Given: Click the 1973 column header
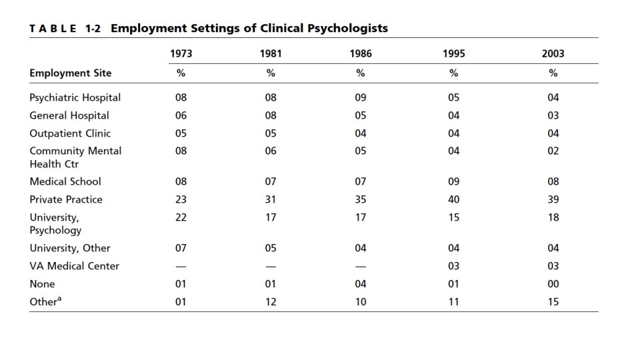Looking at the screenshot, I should tap(181, 54).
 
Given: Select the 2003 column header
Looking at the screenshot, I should tap(553, 54).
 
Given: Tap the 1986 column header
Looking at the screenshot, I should tap(361, 54).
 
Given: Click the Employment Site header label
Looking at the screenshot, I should tap(71, 73).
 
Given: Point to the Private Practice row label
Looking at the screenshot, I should tap(66, 199).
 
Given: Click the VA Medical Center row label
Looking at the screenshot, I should tap(75, 266).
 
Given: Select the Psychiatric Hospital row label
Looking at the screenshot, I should tap(75, 97).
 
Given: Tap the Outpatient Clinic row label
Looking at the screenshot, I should tap(70, 133).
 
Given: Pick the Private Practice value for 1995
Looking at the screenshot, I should tap(454, 199).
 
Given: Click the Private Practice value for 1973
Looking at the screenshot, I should tap(181, 199).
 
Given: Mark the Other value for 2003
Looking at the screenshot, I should tap(553, 302).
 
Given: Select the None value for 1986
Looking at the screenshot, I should tap(361, 284).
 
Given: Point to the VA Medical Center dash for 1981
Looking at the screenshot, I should tap(271, 266).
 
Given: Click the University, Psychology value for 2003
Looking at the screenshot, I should tap(553, 217).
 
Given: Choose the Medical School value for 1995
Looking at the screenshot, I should tap(454, 181).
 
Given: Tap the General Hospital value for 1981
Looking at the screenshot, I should tap(271, 115).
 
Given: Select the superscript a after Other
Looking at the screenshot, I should tap(59, 299).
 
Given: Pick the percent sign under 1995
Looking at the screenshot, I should tap(454, 73).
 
